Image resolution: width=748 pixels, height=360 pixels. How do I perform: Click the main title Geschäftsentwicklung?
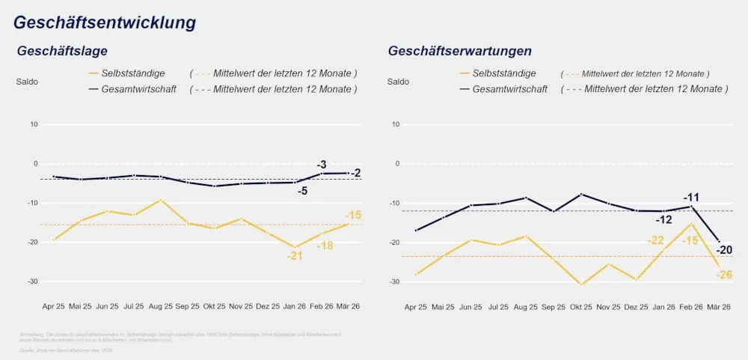pos(105,22)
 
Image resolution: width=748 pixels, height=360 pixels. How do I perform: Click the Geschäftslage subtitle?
pos(63,52)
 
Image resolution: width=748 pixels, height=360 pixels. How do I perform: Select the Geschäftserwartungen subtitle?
pos(459,52)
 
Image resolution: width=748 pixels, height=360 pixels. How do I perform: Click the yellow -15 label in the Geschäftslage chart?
pos(353,216)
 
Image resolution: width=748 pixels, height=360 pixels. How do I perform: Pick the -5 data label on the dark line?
pos(302,192)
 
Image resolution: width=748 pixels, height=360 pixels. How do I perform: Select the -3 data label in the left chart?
pos(321,165)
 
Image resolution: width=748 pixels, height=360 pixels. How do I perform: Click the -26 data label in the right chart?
pos(723,275)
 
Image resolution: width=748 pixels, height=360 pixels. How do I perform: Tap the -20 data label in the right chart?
pos(723,250)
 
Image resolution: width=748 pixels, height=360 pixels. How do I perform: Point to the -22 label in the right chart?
pos(655,240)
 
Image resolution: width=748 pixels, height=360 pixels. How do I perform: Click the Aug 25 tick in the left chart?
pos(160,307)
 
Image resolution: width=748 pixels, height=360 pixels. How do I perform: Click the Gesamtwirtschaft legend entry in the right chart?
pos(509,89)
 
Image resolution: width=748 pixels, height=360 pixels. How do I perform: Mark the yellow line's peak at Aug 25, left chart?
pos(160,200)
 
